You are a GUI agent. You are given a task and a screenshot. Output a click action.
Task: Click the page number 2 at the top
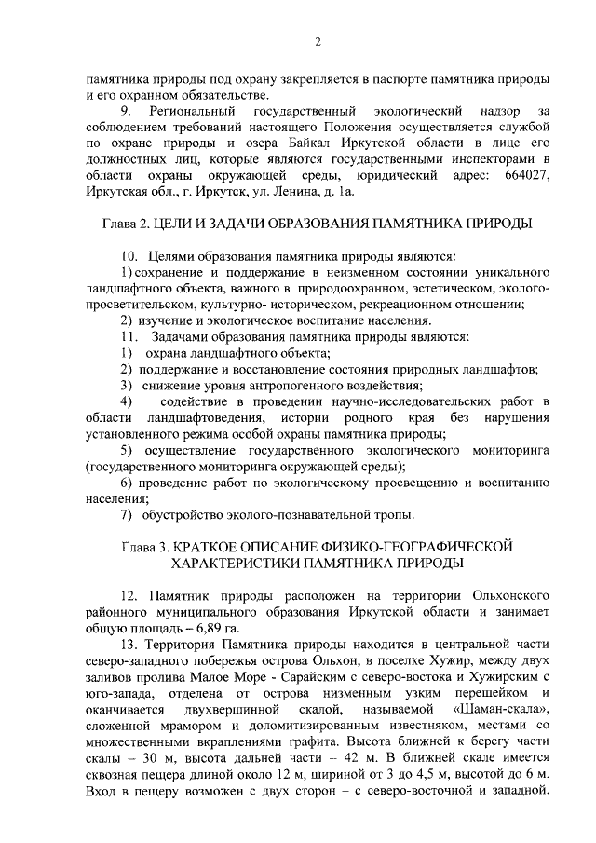coord(317,41)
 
